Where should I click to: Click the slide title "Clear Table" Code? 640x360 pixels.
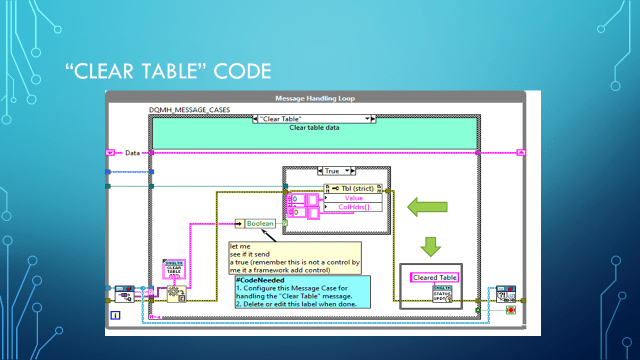click(169, 71)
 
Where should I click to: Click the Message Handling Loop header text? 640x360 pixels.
click(314, 98)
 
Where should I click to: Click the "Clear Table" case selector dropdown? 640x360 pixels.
click(313, 118)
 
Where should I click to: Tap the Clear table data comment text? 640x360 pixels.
click(313, 128)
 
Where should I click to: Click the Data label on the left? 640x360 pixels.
click(132, 153)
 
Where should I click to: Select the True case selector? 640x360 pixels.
click(333, 171)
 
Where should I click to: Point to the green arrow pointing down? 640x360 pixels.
click(431, 246)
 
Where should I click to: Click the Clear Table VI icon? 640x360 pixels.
click(174, 270)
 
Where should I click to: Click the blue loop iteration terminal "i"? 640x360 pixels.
click(115, 315)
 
